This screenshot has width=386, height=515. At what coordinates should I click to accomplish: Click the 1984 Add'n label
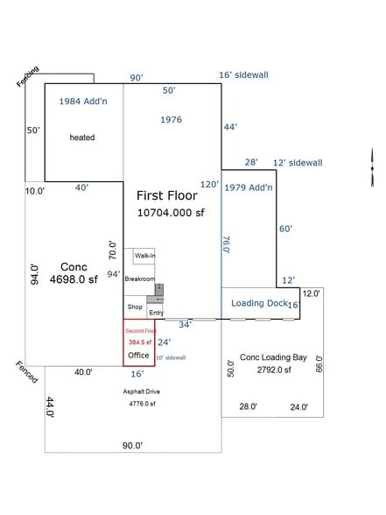coord(83,102)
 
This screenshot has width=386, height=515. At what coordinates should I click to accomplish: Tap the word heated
coord(82,138)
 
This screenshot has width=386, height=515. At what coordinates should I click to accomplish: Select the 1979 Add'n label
coord(249,187)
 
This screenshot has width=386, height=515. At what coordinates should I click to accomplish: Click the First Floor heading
coord(166,195)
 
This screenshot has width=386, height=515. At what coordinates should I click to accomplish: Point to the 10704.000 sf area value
coord(171,212)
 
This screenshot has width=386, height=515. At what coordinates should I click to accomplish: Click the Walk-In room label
coord(144,256)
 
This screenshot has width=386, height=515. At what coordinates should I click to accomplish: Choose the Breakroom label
coord(139,279)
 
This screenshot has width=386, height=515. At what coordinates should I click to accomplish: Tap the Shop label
coord(134,307)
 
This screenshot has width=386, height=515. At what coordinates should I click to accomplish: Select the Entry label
coord(156,313)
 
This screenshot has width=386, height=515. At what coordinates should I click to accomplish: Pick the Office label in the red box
coord(138,356)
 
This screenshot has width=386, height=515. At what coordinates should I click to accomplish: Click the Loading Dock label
coord(259,303)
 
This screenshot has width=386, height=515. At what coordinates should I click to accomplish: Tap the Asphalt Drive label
coord(141,392)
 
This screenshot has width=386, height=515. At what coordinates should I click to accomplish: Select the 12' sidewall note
coord(298,163)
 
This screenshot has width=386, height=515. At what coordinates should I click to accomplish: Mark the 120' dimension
coord(209,185)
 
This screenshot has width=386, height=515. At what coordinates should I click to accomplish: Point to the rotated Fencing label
coord(27,77)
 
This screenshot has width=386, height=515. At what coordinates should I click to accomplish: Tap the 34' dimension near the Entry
coord(186,324)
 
